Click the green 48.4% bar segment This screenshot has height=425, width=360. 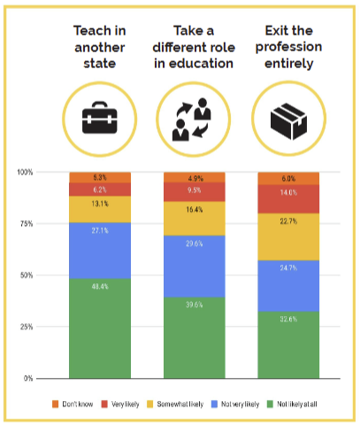100,328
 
